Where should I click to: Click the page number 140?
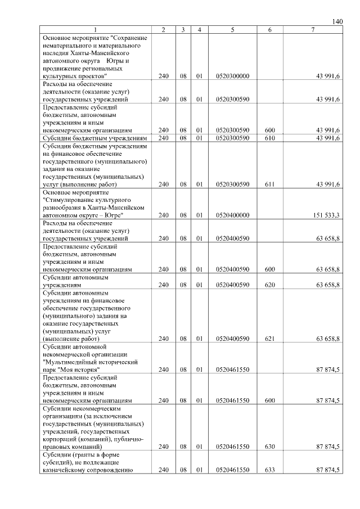tap(337, 21)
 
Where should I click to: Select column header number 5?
tap(232, 29)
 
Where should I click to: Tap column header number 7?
tap(313, 29)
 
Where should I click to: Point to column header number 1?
tap(95, 29)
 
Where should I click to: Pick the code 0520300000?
tap(232, 76)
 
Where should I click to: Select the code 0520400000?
tap(232, 215)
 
